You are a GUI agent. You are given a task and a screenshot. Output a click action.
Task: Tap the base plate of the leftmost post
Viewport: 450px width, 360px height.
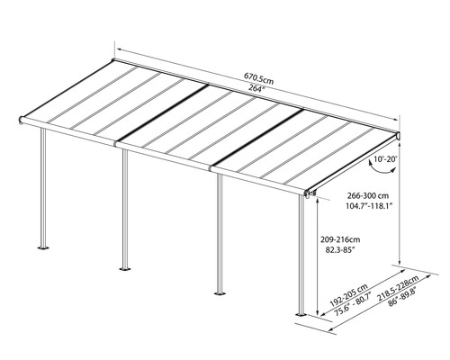[x=40, y=246]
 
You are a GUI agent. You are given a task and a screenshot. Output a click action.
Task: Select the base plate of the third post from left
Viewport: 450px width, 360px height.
[x=218, y=292]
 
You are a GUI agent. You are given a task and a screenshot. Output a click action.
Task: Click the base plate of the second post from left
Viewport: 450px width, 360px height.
[x=124, y=267]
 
